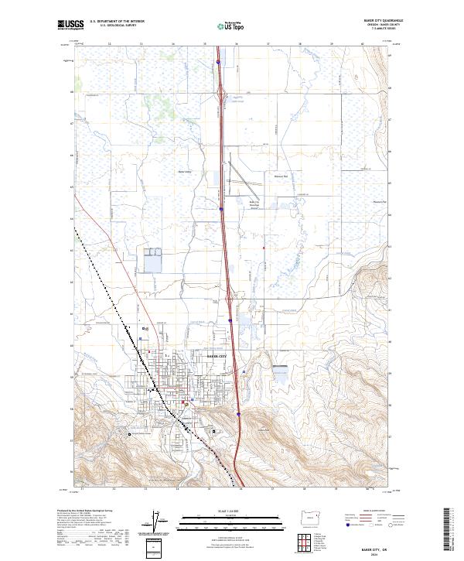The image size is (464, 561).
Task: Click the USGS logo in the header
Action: pyautogui.click(x=68, y=25)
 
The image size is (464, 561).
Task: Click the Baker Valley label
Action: pyautogui.click(x=184, y=172)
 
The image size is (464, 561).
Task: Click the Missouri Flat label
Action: pyautogui.click(x=281, y=176)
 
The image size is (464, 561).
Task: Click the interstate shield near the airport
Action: pyautogui.click(x=220, y=208)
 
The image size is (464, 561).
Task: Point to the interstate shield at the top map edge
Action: pyautogui.click(x=219, y=62)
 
